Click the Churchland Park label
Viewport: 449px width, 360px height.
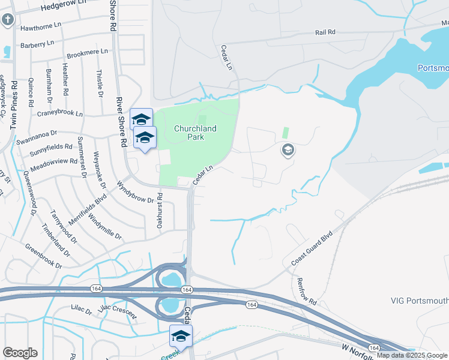(x=195, y=133)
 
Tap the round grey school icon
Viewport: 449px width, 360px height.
(x=288, y=150)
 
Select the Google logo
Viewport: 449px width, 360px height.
(x=20, y=353)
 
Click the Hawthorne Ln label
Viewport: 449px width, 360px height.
(x=41, y=25)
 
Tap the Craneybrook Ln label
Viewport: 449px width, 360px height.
(x=60, y=113)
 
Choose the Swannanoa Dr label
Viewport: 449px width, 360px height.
(x=37, y=133)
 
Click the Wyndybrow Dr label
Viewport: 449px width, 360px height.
(x=136, y=192)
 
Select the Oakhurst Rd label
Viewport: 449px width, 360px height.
(x=160, y=209)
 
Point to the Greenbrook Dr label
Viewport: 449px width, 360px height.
(x=43, y=256)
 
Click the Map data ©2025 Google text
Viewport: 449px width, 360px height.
(x=412, y=355)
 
